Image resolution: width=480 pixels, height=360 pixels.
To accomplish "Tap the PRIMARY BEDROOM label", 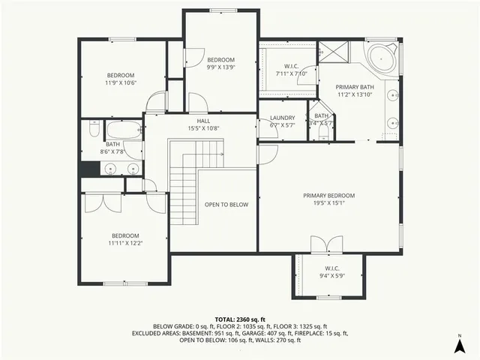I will pos(328,196).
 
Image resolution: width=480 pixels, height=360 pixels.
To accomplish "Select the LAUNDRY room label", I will pos(282,118).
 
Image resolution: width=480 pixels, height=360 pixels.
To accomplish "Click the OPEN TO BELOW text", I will pos(226,204).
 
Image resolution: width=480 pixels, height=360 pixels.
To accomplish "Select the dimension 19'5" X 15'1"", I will pos(328,203).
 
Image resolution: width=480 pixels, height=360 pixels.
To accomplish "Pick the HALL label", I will pos(203,121).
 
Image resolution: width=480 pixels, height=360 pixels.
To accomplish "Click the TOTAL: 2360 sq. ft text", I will pos(239,319).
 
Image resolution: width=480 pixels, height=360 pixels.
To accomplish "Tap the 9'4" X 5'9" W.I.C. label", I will pos(331,272).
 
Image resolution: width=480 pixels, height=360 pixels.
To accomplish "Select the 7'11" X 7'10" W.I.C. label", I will pos(292,70).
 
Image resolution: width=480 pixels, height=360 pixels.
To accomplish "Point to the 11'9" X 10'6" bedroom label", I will pos(120,79).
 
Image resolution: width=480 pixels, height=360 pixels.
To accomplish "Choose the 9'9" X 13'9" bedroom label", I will pos(221,64).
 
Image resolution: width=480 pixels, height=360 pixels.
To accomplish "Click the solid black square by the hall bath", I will pos(90,168).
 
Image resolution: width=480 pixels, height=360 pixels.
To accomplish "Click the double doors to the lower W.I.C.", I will pos(320,245).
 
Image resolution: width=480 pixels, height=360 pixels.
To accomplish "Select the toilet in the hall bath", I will pos(94,130).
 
